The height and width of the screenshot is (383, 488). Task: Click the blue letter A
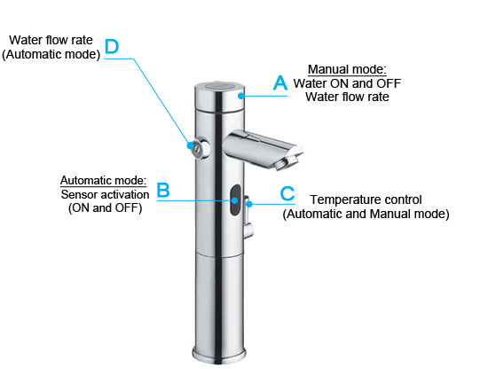pos(279,83)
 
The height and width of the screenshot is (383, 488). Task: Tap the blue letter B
pos(162,190)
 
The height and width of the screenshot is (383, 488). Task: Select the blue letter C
pos(287,192)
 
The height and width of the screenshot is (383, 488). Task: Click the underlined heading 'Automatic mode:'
pos(103,180)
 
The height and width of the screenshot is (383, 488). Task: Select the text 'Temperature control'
pos(366,199)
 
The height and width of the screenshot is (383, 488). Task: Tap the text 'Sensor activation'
pos(103,194)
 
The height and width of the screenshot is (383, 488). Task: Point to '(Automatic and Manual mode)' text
pos(366,214)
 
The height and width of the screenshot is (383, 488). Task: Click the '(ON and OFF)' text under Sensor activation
pos(103,207)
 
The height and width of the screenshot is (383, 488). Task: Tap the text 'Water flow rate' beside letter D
pos(51,40)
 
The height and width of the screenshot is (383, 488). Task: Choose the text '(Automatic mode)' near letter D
pos(51,54)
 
